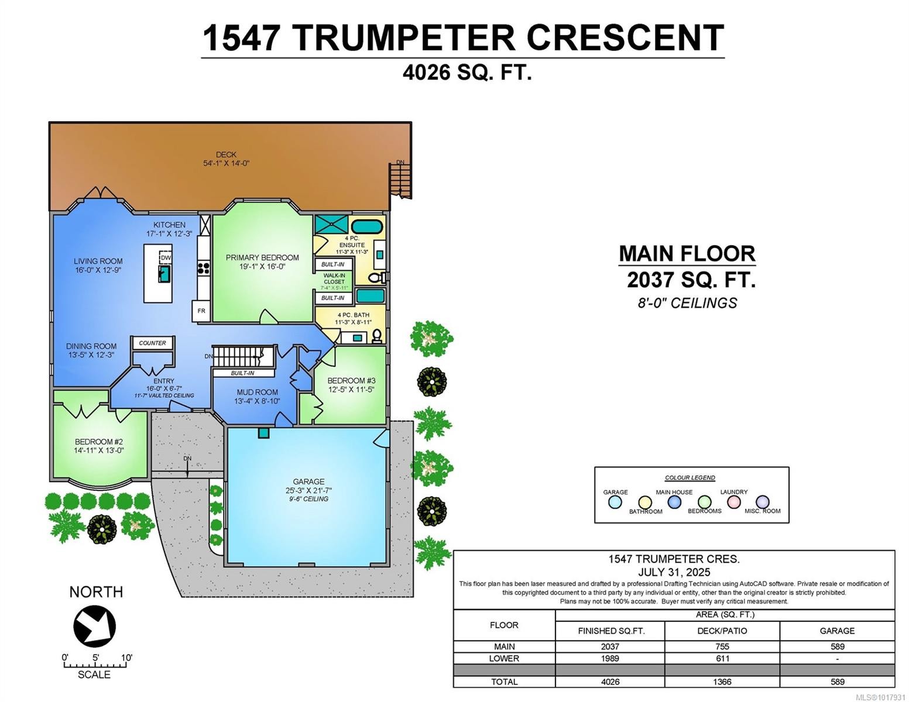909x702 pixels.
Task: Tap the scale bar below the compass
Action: click(x=94, y=665)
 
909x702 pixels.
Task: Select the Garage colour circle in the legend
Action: click(x=615, y=502)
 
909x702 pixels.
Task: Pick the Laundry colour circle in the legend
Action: click(x=733, y=501)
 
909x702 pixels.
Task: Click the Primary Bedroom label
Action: click(x=262, y=257)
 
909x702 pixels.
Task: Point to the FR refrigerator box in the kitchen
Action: click(x=201, y=311)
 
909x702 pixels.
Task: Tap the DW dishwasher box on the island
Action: click(x=166, y=258)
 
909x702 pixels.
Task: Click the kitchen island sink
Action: click(x=164, y=274)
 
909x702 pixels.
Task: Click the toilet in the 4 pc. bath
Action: click(x=377, y=335)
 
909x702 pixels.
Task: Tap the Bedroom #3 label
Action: click(x=351, y=381)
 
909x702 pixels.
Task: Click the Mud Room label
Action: click(x=257, y=393)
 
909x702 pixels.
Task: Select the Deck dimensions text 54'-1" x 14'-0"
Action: click(x=226, y=163)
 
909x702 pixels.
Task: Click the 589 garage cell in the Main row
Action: click(x=837, y=646)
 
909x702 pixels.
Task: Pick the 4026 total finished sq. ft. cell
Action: click(x=610, y=682)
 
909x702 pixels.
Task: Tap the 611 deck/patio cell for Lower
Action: click(x=722, y=658)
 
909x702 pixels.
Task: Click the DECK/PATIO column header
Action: click(x=722, y=631)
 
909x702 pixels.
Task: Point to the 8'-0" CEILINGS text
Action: click(x=687, y=303)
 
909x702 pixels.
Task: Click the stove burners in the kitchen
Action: click(x=204, y=268)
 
